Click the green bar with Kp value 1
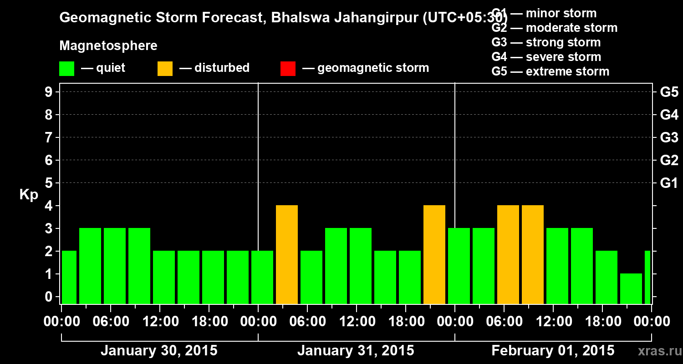point(631,288)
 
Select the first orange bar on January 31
point(287,255)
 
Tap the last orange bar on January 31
point(434,255)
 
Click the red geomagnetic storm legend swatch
point(288,68)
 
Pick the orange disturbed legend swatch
point(165,68)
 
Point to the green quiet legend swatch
point(66,68)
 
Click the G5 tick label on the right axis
point(669,92)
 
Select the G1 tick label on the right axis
point(669,183)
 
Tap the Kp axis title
point(29,195)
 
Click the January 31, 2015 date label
point(356,351)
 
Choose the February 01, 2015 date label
point(553,351)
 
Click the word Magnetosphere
point(108,46)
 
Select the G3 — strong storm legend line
point(546,42)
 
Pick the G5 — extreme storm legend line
point(550,71)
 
